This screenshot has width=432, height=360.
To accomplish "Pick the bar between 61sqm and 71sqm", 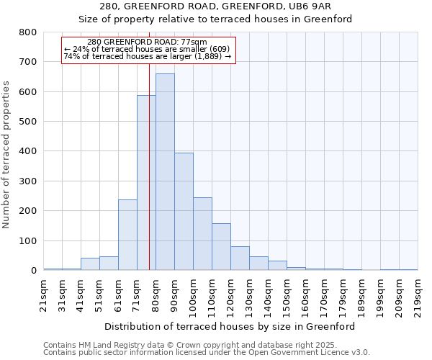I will point(127,235).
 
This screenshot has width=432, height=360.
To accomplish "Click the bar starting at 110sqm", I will point(221,246).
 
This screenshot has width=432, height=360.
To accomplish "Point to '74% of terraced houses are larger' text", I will point(147,56).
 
